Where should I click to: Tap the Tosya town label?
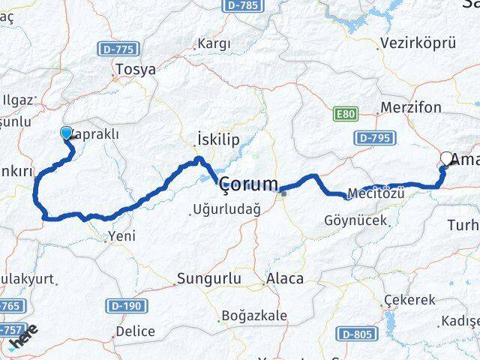(x=135, y=70)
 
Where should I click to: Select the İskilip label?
(x=217, y=139)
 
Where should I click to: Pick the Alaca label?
(x=285, y=279)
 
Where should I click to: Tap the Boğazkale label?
(x=255, y=316)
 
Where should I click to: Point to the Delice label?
(x=136, y=331)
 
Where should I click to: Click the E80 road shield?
(x=345, y=114)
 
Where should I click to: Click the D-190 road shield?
(x=126, y=305)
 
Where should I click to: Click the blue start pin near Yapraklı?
(x=65, y=133)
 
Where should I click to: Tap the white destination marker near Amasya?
(x=448, y=158)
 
